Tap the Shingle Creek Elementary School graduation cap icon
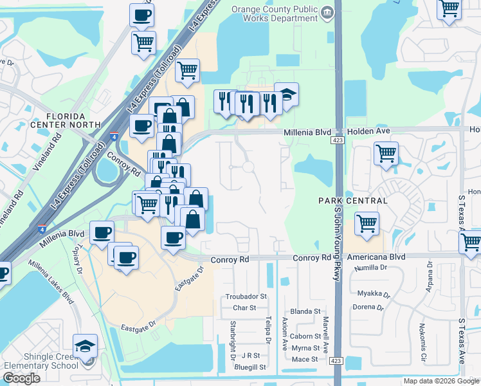click(85, 346)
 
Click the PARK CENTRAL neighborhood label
click(353, 201)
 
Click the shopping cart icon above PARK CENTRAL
click(386, 154)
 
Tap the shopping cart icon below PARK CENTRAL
click(366, 224)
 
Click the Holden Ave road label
click(369, 131)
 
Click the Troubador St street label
click(246, 297)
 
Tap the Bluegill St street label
click(251, 367)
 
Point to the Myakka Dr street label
click(373, 293)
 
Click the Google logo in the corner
click(21, 378)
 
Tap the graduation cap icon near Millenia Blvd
click(286, 95)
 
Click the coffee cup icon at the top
click(141, 15)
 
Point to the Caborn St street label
click(305, 336)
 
